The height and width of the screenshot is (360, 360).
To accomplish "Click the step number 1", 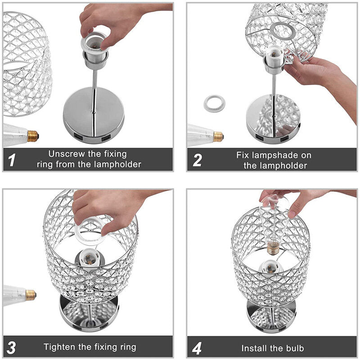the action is pos(12,160).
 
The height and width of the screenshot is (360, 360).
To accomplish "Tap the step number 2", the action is pos(198,160).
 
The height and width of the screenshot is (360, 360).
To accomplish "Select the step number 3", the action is pos(11,347).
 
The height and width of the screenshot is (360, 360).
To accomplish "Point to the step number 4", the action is pos(197,348).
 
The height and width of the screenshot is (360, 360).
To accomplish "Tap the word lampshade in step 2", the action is pos(277,155).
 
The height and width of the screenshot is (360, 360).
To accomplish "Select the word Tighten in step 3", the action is pos(60,346).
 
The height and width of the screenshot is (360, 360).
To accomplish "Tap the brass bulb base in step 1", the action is pos(33,136).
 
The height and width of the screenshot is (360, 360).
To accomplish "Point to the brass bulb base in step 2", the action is pos(218,137).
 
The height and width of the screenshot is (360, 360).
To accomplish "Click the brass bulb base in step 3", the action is pos(31,295).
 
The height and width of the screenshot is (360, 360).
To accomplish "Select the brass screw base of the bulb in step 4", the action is pos(273,249).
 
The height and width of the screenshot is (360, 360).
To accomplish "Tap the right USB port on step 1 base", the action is pos(106,139).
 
